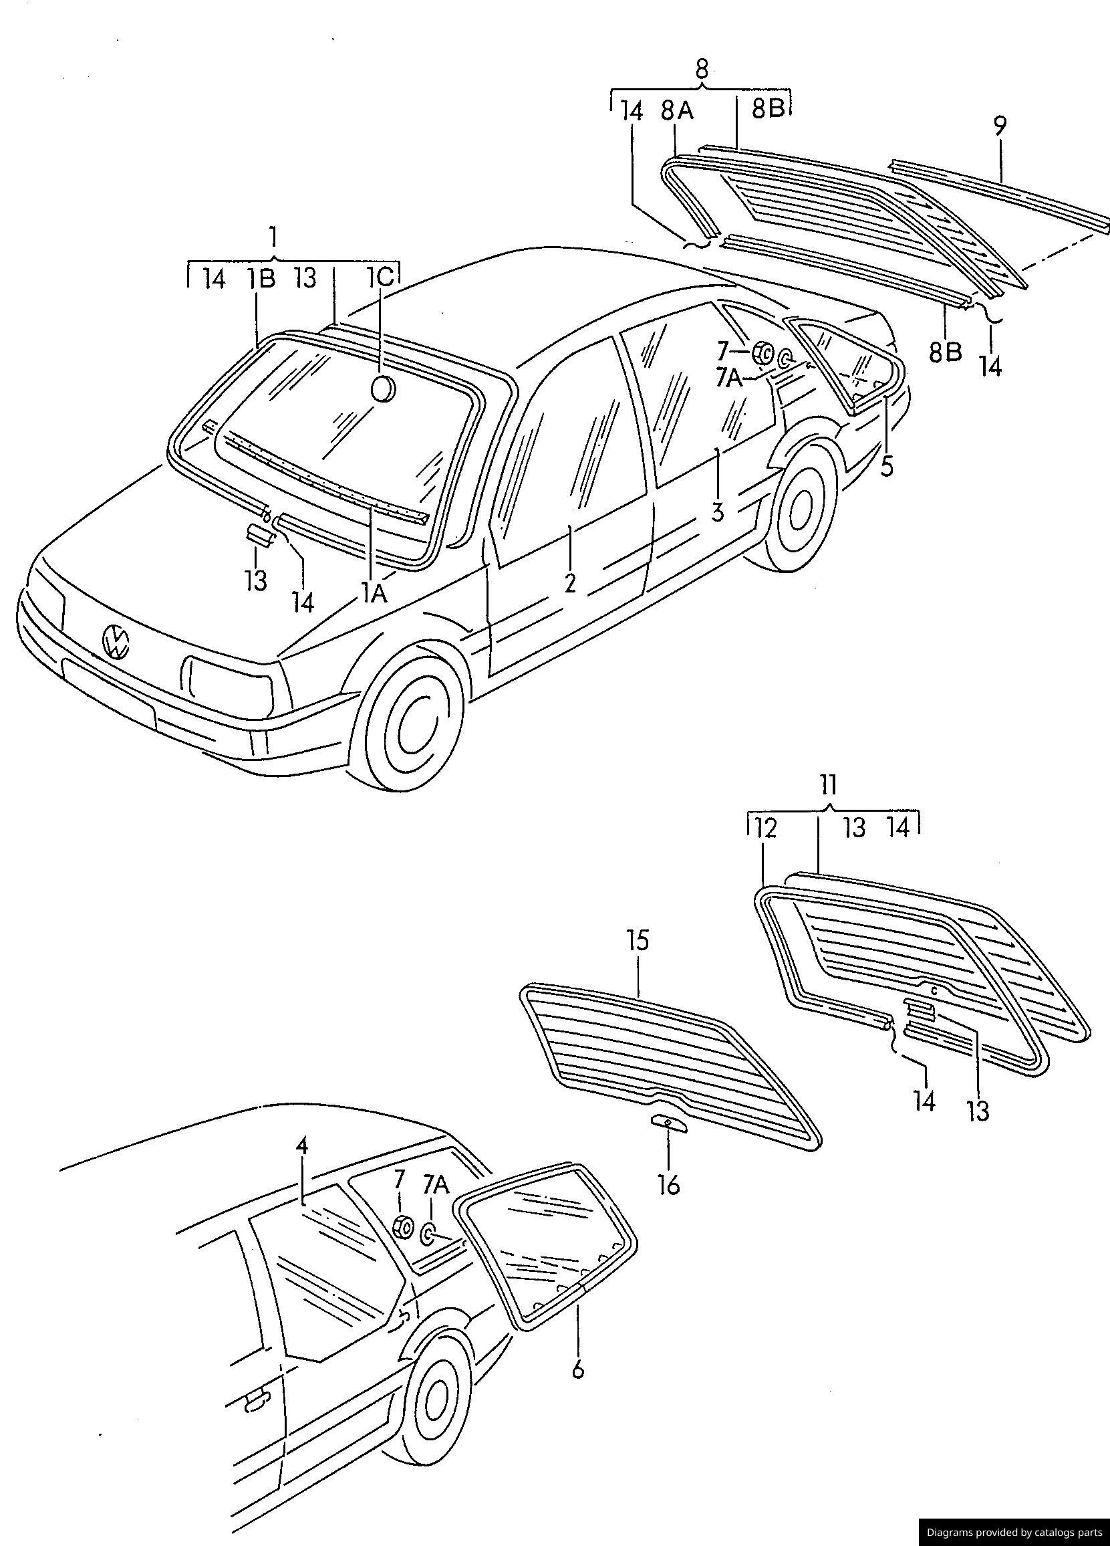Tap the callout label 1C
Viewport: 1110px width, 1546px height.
tap(380, 278)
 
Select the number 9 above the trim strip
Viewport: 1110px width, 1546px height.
tap(999, 127)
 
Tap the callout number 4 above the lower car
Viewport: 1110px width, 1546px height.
tap(302, 1145)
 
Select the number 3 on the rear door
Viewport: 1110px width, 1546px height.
tap(717, 511)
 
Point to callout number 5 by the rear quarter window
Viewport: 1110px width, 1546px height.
tap(886, 466)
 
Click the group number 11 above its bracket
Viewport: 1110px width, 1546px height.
tap(828, 785)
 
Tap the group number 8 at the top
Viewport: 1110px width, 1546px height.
tap(701, 69)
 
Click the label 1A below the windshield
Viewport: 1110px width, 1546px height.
tap(374, 594)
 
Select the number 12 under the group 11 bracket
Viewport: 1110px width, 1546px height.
tap(765, 829)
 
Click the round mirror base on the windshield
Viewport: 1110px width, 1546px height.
tap(382, 388)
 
